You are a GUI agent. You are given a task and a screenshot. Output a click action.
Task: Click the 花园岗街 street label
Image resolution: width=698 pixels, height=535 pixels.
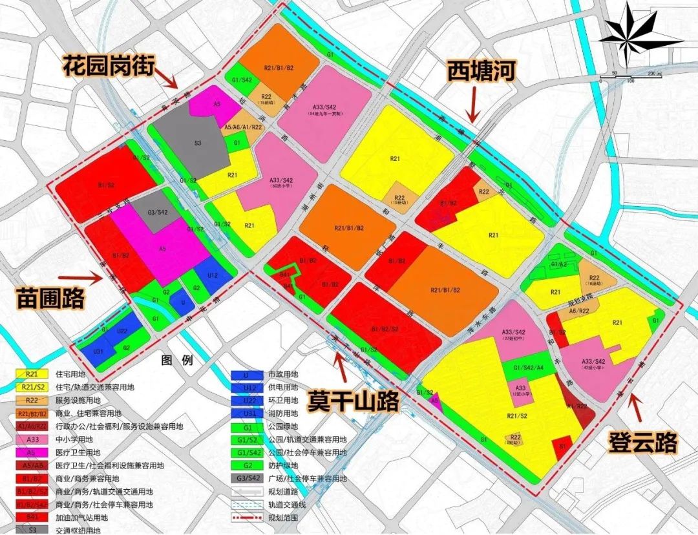[x=108, y=65]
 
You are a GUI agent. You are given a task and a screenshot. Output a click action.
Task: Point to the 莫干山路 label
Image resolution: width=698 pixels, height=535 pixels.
[x=352, y=400]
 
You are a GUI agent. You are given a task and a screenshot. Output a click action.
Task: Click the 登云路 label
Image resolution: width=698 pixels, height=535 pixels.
[x=643, y=442]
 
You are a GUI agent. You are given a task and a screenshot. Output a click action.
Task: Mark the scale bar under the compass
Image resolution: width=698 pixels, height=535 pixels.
[x=630, y=76]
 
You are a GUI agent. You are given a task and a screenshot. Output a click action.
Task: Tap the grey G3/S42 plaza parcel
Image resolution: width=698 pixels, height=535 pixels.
[x=158, y=212]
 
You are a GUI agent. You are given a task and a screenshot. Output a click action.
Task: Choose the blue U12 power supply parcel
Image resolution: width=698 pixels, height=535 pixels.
[x=213, y=275]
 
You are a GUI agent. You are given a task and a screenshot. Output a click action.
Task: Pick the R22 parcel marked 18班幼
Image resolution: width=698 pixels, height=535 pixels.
[x=595, y=278]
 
